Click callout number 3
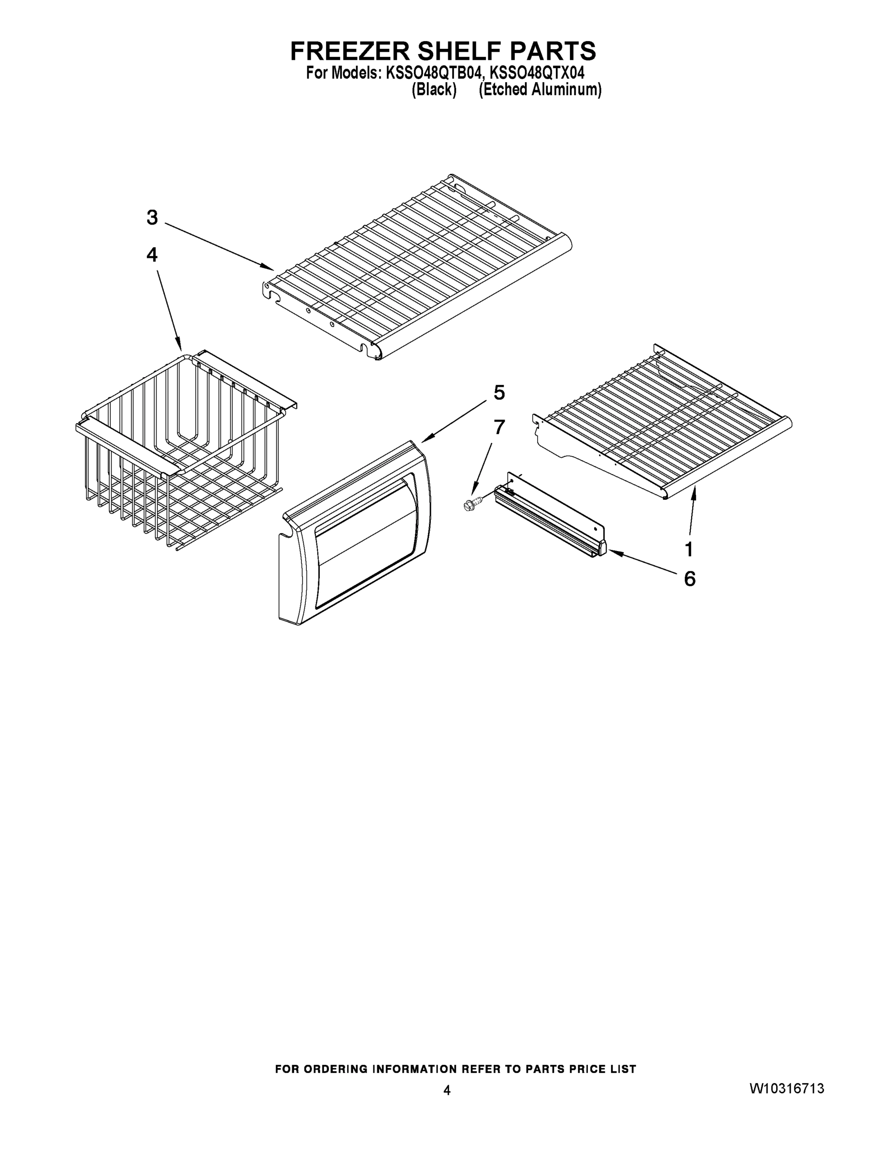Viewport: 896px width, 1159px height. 152,218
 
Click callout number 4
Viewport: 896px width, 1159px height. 152,255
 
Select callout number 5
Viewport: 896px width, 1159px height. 499,393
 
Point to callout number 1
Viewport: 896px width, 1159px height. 689,549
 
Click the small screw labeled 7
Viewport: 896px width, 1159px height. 471,504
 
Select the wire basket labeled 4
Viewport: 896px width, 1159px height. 181,451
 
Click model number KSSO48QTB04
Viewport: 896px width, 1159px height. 433,73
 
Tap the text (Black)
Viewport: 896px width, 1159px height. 434,90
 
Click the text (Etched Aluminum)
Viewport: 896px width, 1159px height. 540,90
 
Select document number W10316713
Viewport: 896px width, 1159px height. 787,1089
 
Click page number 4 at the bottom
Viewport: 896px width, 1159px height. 447,1090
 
